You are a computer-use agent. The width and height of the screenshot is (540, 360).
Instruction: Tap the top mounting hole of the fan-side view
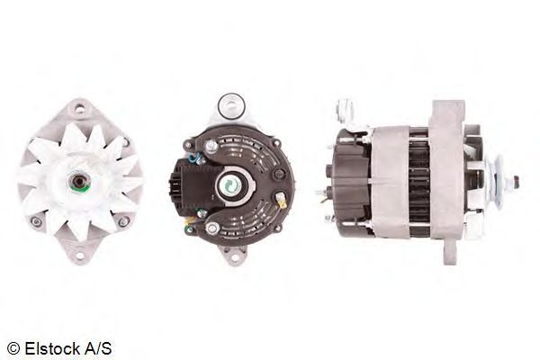(80, 110)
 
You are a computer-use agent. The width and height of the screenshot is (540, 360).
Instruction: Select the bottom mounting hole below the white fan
(80, 255)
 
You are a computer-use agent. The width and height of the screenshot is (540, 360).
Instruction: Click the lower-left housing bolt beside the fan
(36, 220)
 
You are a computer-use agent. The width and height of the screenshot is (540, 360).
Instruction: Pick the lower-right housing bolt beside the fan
(123, 221)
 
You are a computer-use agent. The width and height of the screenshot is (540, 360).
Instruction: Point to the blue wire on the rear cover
(195, 158)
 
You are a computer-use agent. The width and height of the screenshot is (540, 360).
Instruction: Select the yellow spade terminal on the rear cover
(282, 202)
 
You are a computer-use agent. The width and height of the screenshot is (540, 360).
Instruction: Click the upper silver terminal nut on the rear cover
(211, 147)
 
